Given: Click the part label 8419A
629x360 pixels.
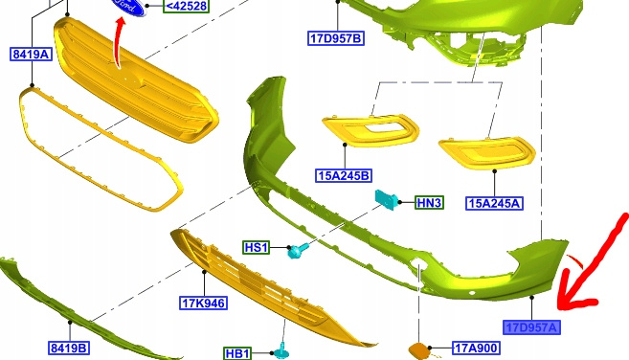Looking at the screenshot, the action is [31, 55].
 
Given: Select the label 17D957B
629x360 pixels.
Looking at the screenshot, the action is [336, 38].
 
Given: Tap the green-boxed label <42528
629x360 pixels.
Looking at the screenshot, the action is [186, 6].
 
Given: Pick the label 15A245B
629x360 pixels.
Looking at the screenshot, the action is [344, 175].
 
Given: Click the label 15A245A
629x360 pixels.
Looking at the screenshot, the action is [494, 203].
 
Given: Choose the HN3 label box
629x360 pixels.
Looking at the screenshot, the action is [429, 203].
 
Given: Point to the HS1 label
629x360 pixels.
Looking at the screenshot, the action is [256, 247].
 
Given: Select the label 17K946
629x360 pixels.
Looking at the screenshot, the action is [203, 303].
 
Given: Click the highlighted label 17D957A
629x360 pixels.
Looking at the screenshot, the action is [531, 327].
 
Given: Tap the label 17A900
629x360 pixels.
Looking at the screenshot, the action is [476, 348].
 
